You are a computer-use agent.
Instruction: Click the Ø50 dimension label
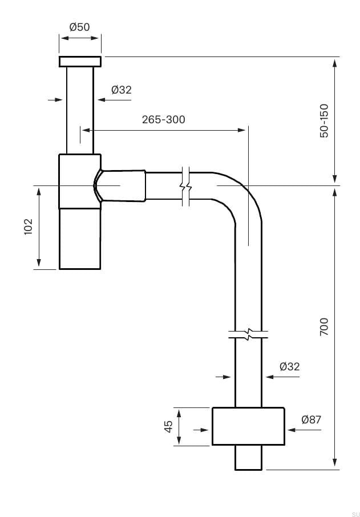80,27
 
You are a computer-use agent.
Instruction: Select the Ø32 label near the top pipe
121,90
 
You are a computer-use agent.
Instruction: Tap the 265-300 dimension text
163,119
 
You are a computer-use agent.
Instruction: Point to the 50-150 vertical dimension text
324,120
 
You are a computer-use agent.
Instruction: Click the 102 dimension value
29,227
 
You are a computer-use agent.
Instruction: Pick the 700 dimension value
324,326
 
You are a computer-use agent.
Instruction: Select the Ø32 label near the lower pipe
289,367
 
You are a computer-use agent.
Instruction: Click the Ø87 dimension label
311,419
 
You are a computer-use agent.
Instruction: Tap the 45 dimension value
168,426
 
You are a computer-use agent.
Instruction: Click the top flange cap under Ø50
80,62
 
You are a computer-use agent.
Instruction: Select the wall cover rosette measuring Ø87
248,426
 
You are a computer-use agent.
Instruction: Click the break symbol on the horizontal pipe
185,186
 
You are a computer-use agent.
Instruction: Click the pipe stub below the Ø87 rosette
248,458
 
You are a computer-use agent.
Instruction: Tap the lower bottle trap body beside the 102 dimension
80,238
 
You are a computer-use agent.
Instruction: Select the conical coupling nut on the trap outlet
123,185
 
